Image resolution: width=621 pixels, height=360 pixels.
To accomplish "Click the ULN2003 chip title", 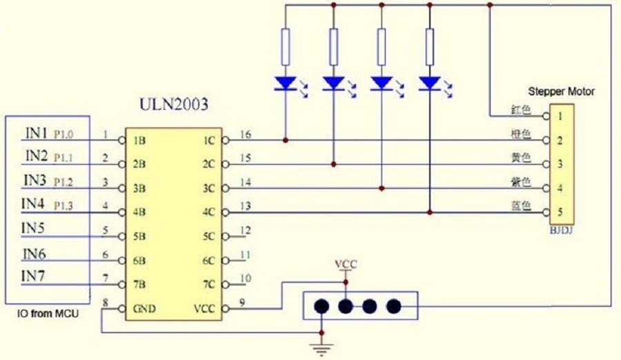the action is point(173,104).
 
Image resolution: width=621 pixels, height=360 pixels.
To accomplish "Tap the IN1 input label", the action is point(37,133).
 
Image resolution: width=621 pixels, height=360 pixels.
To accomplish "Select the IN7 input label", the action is point(33,276).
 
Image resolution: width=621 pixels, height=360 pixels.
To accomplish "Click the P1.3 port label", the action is point(63,206).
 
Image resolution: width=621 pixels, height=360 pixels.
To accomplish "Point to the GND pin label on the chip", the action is point(144,308).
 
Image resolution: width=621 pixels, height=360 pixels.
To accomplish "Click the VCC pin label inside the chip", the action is point(204,308).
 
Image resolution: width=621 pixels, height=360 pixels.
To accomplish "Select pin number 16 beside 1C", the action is point(246,134).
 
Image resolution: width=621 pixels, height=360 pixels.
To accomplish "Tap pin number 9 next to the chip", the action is point(242,303).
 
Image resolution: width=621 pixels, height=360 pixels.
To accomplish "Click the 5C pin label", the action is point(208,237).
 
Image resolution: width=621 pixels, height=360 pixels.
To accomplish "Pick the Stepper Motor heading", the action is point(561,92).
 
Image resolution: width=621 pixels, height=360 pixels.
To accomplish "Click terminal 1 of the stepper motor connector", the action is point(560,116).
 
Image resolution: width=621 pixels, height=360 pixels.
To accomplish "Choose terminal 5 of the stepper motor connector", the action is point(560,212).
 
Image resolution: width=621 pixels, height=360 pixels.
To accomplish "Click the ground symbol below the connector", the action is point(322,348).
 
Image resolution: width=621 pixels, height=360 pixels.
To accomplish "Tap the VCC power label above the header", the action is point(346,263).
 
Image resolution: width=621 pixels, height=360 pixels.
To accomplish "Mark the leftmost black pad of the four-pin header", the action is point(322,306).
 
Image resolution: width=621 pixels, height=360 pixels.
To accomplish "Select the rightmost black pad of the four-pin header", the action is point(393,306).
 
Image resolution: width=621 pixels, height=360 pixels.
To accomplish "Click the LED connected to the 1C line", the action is point(286,83).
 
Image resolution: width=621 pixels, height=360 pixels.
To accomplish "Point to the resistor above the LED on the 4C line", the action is point(430,47).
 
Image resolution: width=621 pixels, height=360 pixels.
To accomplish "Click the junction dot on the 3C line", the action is point(382,188).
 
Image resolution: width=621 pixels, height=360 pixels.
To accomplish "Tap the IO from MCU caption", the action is point(48,314).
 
